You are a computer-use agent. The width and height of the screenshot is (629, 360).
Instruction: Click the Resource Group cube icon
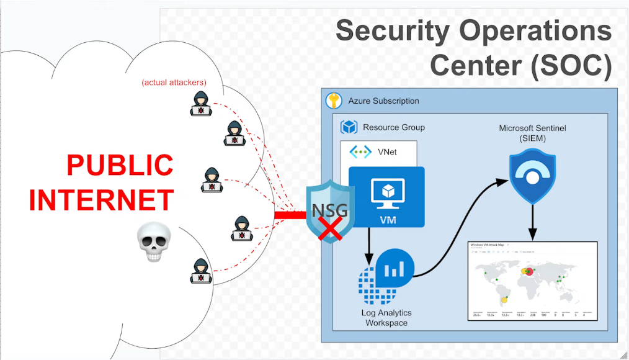click(x=349, y=127)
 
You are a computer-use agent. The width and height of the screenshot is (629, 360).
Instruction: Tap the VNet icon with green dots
click(x=360, y=151)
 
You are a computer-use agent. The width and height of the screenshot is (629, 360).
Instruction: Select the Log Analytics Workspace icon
click(x=386, y=273)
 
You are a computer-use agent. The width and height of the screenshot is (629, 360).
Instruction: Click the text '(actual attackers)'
click(x=174, y=82)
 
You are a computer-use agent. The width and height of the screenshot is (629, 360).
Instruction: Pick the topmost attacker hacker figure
click(x=200, y=104)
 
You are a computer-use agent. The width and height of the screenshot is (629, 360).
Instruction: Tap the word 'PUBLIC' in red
click(x=120, y=166)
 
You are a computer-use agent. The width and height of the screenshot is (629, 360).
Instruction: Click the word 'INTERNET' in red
click(x=100, y=200)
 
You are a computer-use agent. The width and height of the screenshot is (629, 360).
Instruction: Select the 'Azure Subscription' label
click(x=383, y=101)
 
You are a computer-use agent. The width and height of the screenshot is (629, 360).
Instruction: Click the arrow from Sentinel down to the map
click(x=532, y=223)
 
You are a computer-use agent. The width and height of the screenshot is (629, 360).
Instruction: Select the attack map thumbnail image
click(x=532, y=281)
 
